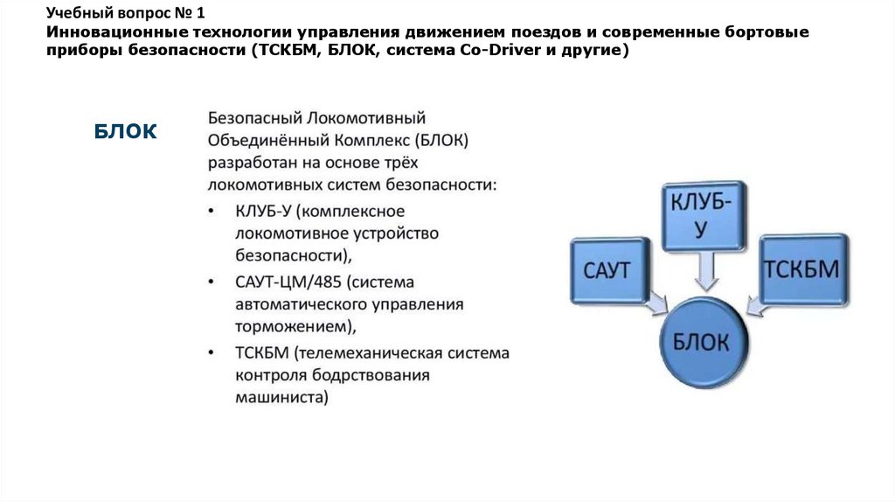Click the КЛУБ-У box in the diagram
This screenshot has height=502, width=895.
pos(704,216)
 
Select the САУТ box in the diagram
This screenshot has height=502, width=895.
pos(609,270)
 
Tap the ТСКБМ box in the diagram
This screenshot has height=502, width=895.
pos(803,269)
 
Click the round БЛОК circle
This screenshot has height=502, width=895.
pos(704,343)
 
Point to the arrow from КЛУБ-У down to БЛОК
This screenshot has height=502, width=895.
pos(705,271)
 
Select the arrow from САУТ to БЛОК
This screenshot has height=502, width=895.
pos(656,303)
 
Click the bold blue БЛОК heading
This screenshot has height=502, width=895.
pos(125,131)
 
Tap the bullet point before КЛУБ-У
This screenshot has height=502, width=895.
pos(212,212)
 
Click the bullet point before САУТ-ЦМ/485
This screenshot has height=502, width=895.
pos(212,282)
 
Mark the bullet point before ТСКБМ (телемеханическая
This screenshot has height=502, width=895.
pos(212,353)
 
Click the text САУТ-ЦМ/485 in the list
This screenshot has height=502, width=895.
pos(288,282)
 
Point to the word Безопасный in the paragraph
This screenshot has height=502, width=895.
pos(254,118)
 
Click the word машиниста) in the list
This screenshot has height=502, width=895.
pos(282,397)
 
